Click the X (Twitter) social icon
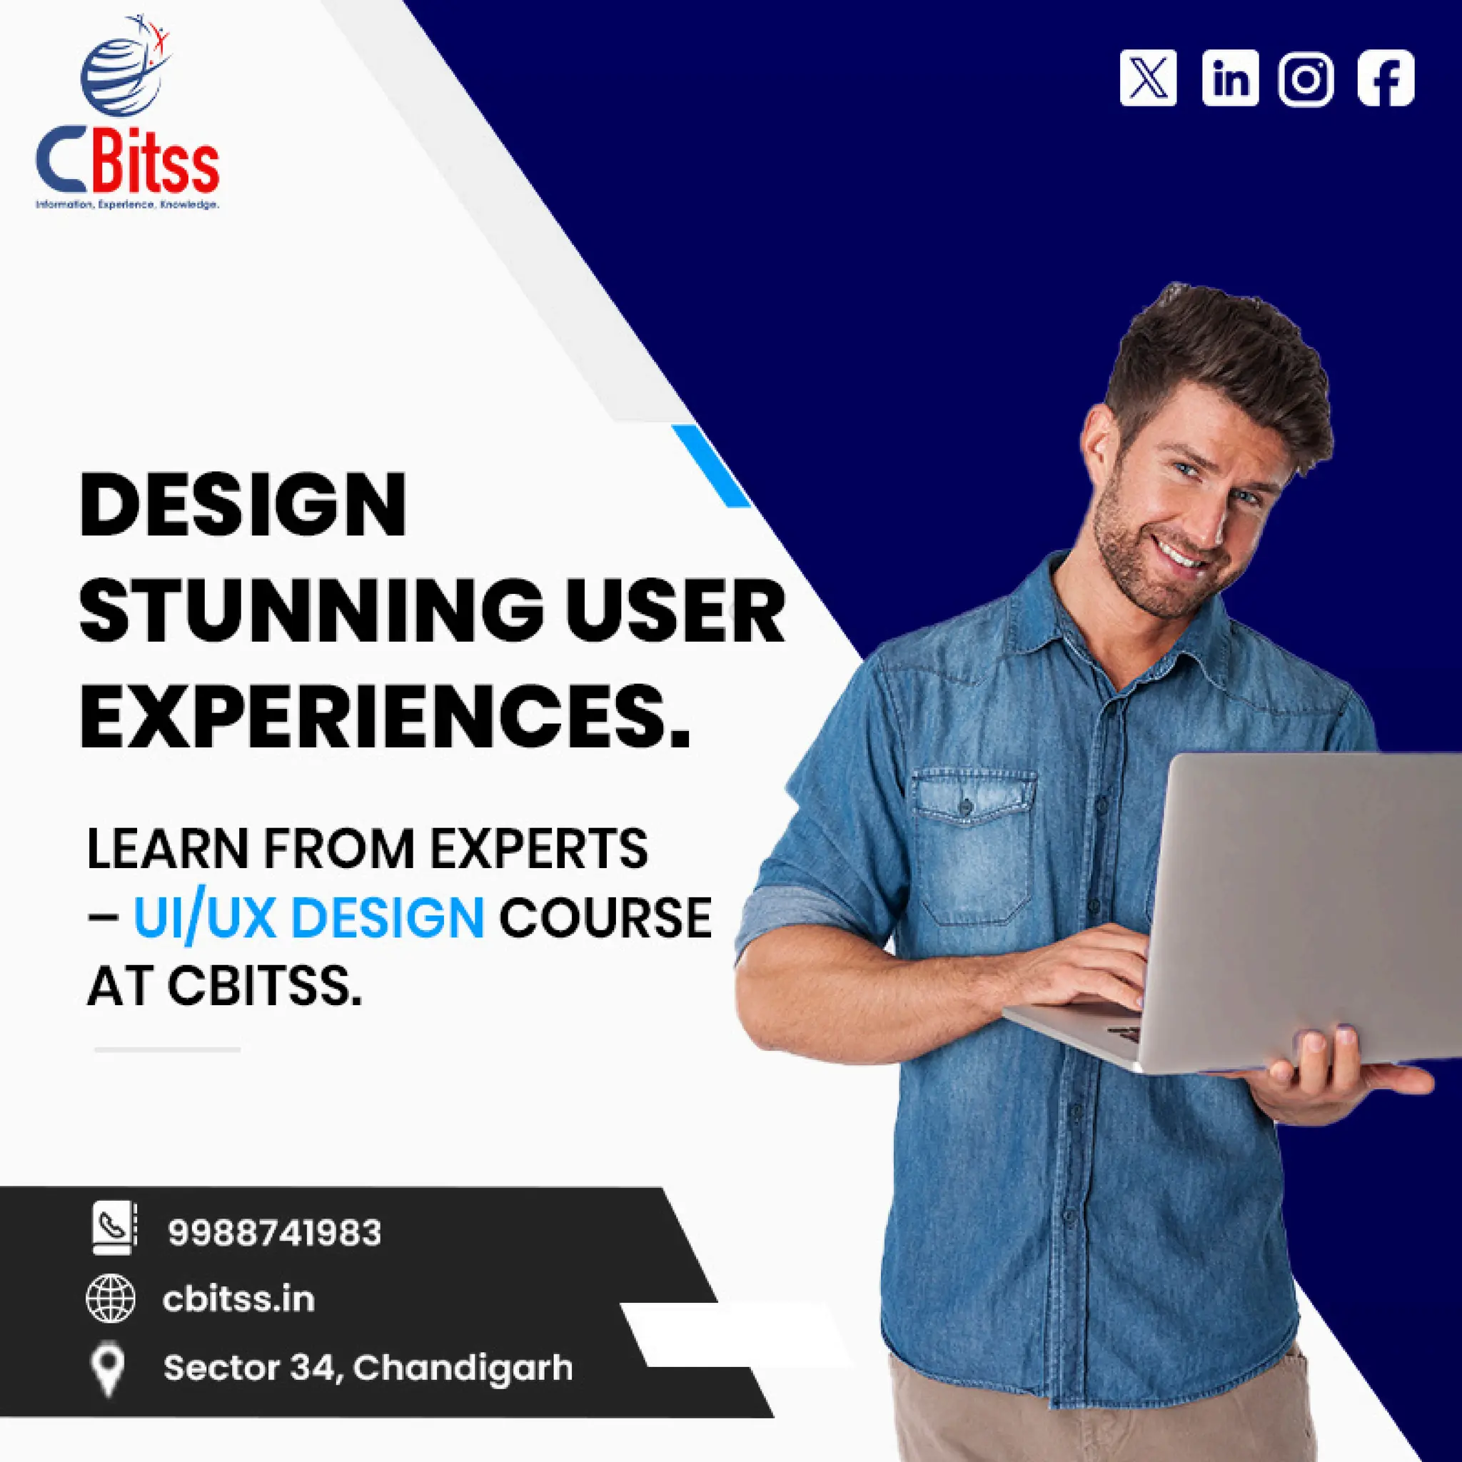pos(1147,78)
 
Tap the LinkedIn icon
pos(1230,78)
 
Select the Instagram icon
pos(1306,79)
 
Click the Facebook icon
pos(1386,78)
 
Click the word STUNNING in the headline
pos(311,610)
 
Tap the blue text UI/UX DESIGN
pos(308,918)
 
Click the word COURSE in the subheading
pos(605,918)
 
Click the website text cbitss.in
pos(238,1299)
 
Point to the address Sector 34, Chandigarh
pos(368,1367)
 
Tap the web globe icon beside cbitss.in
pos(111,1299)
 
